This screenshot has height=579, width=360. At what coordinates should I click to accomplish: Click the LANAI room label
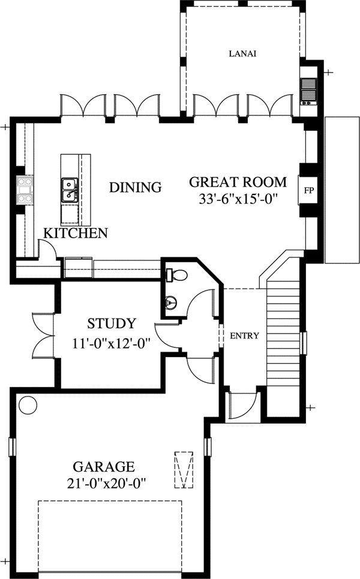pyautogui.click(x=242, y=53)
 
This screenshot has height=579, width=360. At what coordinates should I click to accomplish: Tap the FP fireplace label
pyautogui.click(x=309, y=191)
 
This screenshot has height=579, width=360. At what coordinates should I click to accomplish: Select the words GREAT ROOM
pyautogui.click(x=238, y=182)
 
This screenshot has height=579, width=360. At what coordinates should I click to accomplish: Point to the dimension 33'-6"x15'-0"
pyautogui.click(x=238, y=198)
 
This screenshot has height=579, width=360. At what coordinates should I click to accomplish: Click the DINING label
pyautogui.click(x=135, y=187)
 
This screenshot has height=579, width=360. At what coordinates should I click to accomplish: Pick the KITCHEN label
pyautogui.click(x=75, y=233)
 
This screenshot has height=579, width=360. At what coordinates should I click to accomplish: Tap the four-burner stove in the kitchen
pyautogui.click(x=25, y=189)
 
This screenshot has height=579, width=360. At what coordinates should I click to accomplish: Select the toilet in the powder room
pyautogui.click(x=178, y=275)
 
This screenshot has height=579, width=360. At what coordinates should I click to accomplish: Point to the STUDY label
pyautogui.click(x=111, y=324)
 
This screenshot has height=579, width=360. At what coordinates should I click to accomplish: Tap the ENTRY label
pyautogui.click(x=244, y=336)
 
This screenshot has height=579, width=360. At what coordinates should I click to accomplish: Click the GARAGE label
pyautogui.click(x=103, y=466)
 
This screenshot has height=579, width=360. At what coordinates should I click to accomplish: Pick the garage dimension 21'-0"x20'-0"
pyautogui.click(x=103, y=482)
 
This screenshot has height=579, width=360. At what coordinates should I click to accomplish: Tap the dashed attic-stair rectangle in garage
pyautogui.click(x=183, y=469)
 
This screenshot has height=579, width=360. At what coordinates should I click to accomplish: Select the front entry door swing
pyautogui.click(x=243, y=407)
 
